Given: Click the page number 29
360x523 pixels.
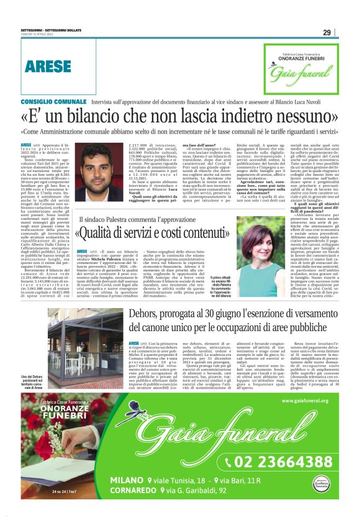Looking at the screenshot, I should coord(326,33).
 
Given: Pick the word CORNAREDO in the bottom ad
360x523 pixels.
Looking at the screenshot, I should coord(135,490).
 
